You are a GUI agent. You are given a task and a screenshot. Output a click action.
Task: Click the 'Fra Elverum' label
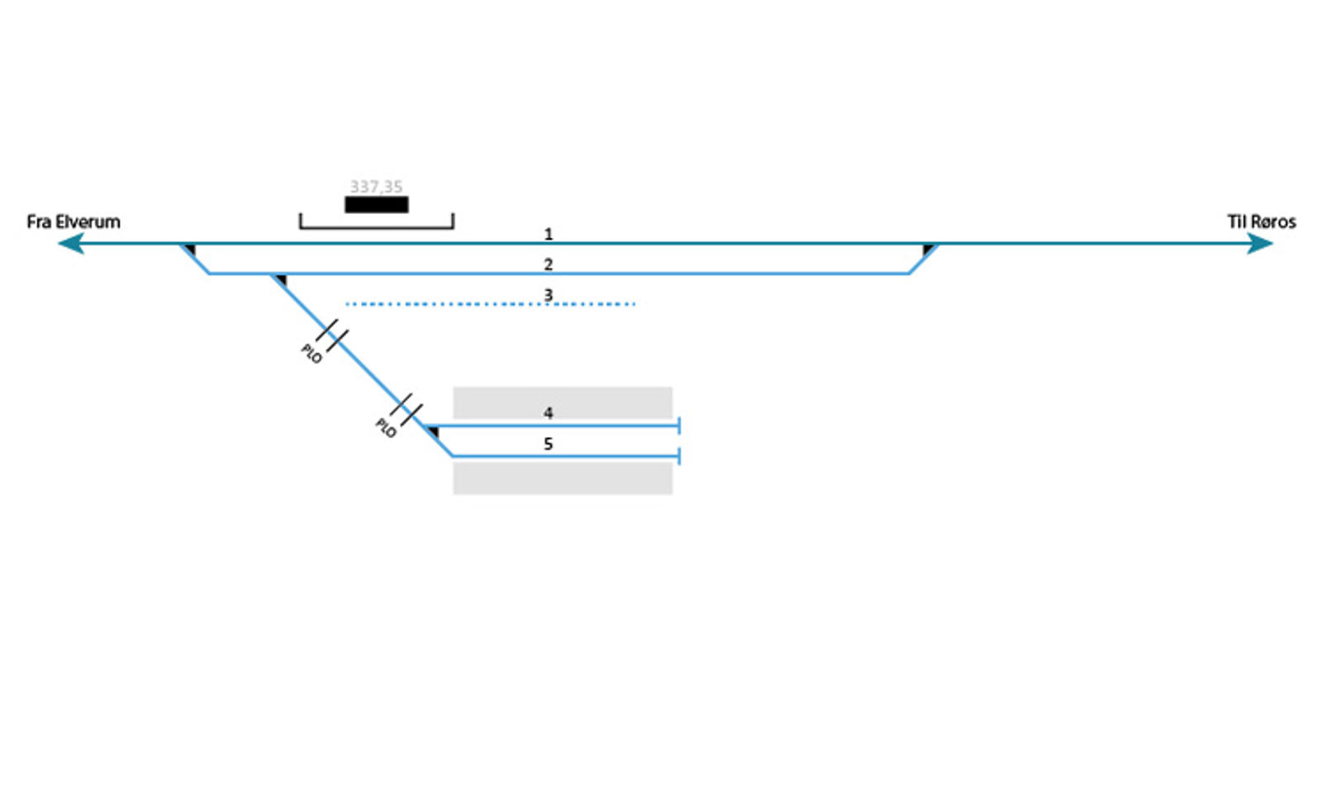tap(74, 222)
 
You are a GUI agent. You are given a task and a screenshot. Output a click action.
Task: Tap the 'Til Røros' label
tap(1261, 222)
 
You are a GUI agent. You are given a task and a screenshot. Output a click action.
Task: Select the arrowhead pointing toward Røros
tap(1260, 243)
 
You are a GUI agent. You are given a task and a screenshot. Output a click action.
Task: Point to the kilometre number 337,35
tap(376, 187)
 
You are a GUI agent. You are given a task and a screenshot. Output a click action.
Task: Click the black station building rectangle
tap(376, 204)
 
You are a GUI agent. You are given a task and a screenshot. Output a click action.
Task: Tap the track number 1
tap(548, 235)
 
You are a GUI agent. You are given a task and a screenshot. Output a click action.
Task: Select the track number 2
tap(548, 265)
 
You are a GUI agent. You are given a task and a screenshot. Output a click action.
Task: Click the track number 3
tap(548, 295)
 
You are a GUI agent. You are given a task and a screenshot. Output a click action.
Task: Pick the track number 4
tap(548, 412)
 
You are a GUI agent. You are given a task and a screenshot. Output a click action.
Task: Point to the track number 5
tap(548, 444)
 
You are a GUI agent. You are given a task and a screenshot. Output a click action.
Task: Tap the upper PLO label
tap(311, 354)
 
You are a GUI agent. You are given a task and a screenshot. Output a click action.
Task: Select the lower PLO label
tap(386, 428)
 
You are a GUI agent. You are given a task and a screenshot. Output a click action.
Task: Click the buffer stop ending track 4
tap(678, 426)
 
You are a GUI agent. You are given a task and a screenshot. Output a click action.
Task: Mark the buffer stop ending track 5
tap(678, 456)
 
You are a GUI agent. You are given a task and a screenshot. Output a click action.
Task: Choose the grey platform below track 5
tap(562, 479)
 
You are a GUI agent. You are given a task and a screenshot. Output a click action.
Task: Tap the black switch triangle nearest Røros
tap(928, 249)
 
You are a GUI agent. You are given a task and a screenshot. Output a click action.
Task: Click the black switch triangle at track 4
tap(433, 431)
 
